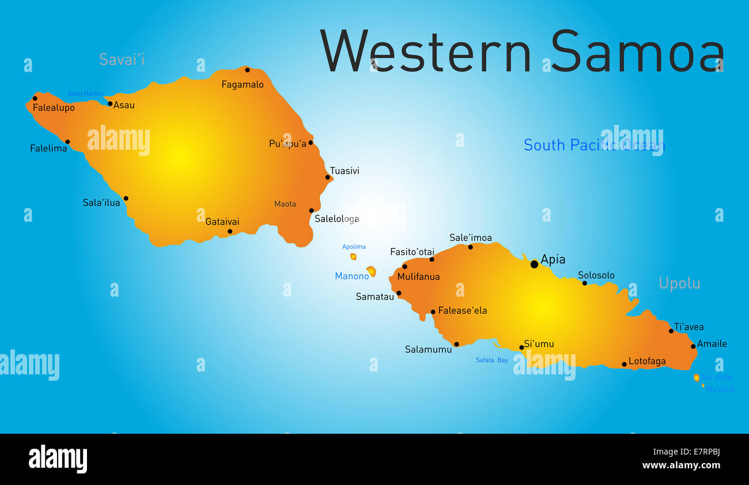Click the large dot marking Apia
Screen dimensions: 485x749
click(534, 264)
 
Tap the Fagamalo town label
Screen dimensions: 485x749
click(243, 85)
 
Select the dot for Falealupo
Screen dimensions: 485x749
click(35, 98)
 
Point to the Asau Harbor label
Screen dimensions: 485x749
click(86, 93)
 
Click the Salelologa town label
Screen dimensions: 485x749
click(336, 219)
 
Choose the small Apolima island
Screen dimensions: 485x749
click(353, 256)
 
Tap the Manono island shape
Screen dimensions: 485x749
click(372, 271)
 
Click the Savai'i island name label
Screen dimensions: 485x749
click(122, 59)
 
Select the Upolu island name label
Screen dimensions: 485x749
click(679, 283)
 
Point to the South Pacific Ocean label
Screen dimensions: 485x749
click(594, 145)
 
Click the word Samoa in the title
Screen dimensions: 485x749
click(637, 51)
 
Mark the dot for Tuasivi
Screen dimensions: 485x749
click(328, 177)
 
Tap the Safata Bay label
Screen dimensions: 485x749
click(491, 360)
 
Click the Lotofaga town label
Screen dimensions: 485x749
click(647, 361)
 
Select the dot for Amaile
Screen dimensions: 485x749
click(693, 346)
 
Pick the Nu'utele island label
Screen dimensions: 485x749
click(716, 377)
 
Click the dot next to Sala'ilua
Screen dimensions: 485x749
click(126, 198)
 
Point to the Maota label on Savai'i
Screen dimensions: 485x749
click(285, 204)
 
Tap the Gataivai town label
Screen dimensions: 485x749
click(222, 221)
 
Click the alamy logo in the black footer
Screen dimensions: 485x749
click(58, 459)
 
